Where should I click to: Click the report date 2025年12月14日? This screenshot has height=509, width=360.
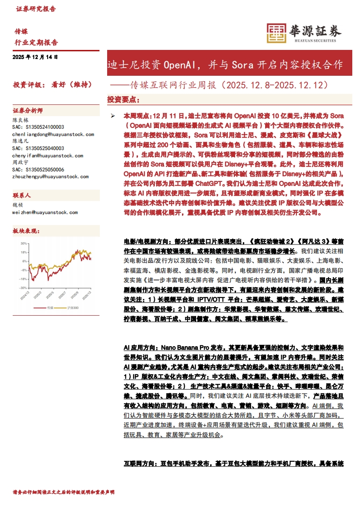[x=35, y=57]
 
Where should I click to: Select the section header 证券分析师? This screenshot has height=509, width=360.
[x=28, y=111]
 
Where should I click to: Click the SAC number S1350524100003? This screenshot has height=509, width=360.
[x=38, y=127]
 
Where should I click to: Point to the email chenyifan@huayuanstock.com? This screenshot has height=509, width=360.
[x=48, y=156]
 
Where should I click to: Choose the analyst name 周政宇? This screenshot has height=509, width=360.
[x=20, y=162]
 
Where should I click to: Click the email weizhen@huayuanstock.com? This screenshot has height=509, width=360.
[x=45, y=212]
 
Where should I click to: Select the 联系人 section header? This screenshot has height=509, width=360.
[x=22, y=196]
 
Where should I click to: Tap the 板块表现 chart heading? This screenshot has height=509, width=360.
[x=26, y=231]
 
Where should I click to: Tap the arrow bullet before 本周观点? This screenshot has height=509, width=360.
[x=113, y=116]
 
